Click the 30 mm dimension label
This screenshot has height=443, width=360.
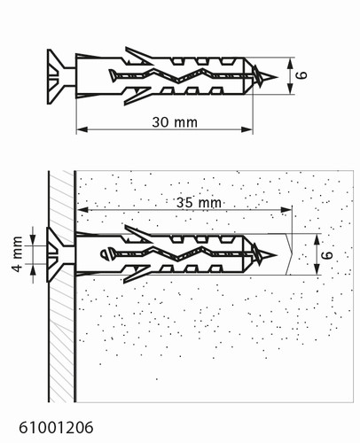pyautogui.click(x=175, y=122)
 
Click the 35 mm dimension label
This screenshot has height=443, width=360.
pyautogui.click(x=199, y=203)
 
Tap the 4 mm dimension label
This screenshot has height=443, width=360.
pyautogui.click(x=18, y=254)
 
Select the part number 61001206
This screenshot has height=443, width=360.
pyautogui.click(x=56, y=427)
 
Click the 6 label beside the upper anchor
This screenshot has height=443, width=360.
pyautogui.click(x=301, y=75)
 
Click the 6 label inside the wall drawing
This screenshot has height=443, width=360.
pyautogui.click(x=327, y=254)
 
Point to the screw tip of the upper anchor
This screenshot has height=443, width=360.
pyautogui.click(x=277, y=77)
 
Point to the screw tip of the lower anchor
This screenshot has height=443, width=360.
pyautogui.click(x=276, y=255)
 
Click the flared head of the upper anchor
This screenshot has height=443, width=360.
pyautogui.click(x=57, y=77)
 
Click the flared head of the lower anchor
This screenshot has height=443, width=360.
pyautogui.click(x=56, y=254)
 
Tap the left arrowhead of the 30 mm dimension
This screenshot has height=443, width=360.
pyautogui.click(x=82, y=129)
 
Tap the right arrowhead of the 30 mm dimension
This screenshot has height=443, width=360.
pyautogui.click(x=247, y=129)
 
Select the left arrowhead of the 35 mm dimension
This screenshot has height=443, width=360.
pyautogui.click(x=83, y=210)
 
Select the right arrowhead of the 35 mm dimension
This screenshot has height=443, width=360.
pyautogui.click(x=286, y=210)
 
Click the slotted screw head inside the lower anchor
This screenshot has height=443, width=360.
pyautogui.click(x=106, y=254)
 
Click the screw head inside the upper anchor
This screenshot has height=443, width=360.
pyautogui.click(x=113, y=75)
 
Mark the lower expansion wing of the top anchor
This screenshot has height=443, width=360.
pyautogui.click(x=137, y=97)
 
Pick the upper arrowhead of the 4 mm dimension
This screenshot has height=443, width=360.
pyautogui.click(x=33, y=240)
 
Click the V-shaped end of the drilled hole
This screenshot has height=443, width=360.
pyautogui.click(x=289, y=254)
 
